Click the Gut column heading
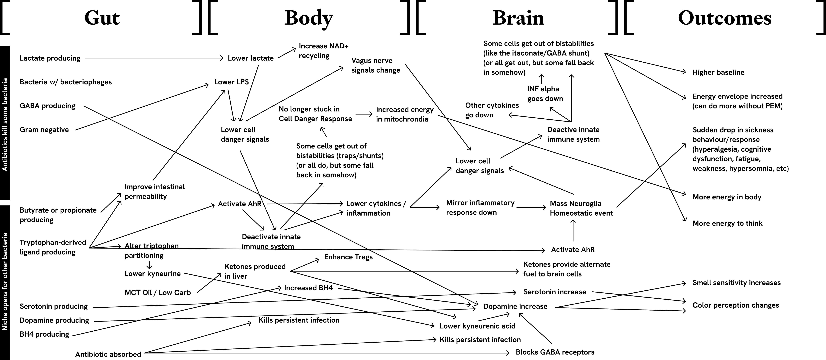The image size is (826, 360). click(x=102, y=18)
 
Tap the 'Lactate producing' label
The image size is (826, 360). click(x=50, y=58)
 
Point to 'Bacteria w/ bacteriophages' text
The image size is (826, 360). click(x=65, y=82)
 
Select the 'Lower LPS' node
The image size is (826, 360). click(x=231, y=82)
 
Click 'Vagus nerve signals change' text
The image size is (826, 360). click(x=376, y=65)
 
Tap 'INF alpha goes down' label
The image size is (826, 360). click(x=545, y=94)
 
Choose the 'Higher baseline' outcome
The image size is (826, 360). click(x=718, y=72)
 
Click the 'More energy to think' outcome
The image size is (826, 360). click(x=727, y=223)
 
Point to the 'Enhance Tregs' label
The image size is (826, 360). click(x=348, y=257)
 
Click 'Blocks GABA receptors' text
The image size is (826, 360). click(x=555, y=352)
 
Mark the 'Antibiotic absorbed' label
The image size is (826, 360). click(x=108, y=354)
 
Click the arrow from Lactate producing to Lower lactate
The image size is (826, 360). click(x=154, y=58)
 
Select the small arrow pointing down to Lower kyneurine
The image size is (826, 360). click(x=149, y=265)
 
